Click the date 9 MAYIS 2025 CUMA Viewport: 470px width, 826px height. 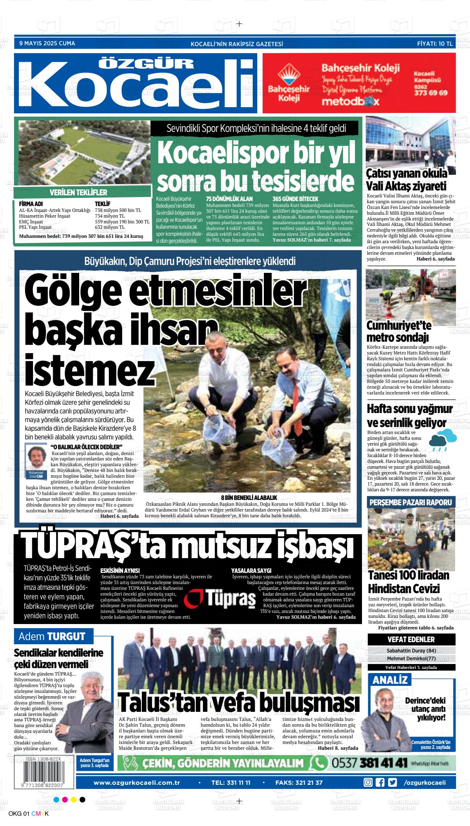[47, 43]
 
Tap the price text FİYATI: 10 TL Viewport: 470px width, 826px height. [435, 43]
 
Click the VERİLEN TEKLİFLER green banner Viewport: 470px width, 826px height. [78, 192]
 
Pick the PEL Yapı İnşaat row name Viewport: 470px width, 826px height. [35, 227]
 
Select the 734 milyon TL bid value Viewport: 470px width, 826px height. [110, 216]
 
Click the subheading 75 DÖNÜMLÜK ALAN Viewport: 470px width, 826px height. [229, 199]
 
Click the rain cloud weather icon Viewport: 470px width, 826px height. [442, 439]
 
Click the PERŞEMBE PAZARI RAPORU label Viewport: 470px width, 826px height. [411, 502]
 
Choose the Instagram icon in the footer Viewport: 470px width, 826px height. [368, 771]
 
